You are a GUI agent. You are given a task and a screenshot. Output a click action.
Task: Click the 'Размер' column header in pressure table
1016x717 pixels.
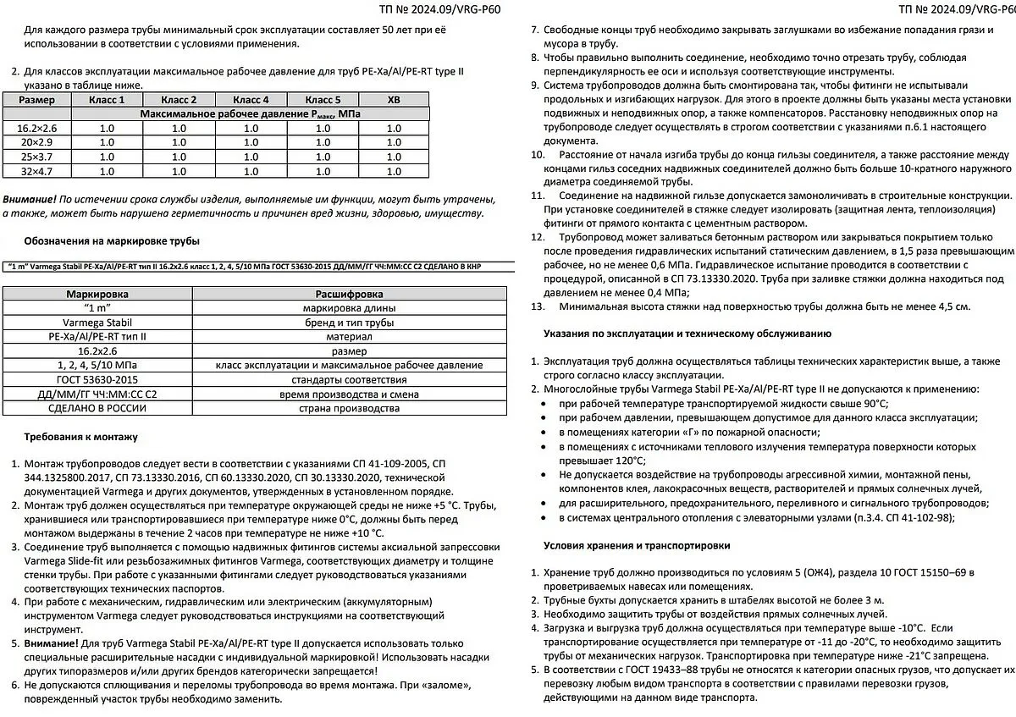coord(36,100)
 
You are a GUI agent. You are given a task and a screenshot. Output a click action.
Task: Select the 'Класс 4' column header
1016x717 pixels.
coord(251,100)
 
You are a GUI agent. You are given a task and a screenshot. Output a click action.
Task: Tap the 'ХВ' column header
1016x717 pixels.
coord(394,100)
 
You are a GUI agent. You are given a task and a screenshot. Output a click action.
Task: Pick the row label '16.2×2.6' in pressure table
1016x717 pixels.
coord(36,129)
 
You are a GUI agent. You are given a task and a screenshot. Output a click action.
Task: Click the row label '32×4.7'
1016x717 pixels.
coord(36,171)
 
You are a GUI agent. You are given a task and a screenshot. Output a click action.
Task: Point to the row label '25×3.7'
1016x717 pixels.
coord(36,157)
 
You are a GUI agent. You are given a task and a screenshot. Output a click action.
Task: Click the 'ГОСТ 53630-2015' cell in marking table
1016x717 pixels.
coord(97,379)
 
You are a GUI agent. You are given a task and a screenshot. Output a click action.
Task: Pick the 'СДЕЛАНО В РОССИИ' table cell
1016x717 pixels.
coord(97,408)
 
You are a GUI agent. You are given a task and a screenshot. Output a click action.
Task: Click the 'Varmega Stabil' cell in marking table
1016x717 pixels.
coord(97,322)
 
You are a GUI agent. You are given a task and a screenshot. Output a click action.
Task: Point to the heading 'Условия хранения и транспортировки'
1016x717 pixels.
coord(637,545)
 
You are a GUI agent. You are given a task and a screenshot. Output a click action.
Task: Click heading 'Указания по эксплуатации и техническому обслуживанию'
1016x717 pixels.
coord(687,334)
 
